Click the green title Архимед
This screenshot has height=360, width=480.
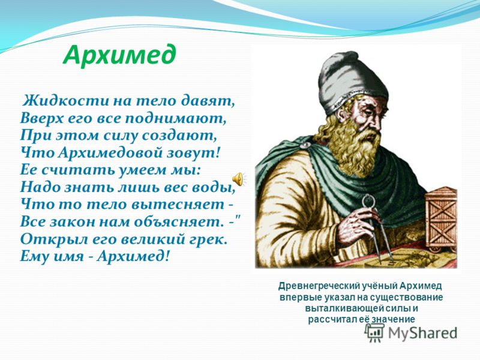tap(119, 54)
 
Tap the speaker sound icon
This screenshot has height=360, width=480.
tap(238, 179)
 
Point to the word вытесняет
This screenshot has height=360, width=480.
tap(178, 204)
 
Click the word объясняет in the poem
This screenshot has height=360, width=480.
tap(173, 221)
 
